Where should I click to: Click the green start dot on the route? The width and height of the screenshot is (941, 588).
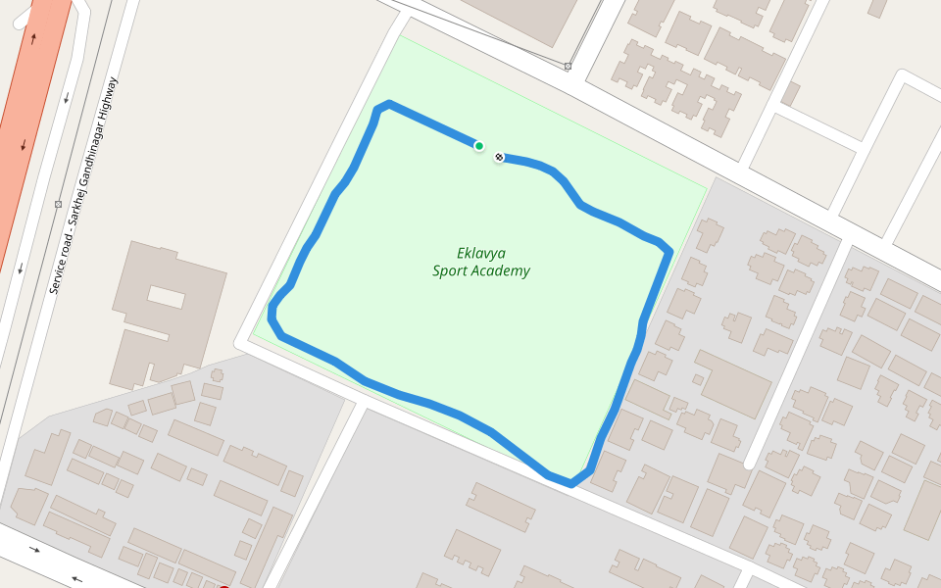point(479,146)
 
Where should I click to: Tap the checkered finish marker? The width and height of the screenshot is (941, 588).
point(500,157)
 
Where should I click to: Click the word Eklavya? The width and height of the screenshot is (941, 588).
point(481,253)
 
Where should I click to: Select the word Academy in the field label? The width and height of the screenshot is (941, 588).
point(501,271)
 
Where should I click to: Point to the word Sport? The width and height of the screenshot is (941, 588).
point(451,271)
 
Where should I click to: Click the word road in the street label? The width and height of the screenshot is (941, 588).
point(67,244)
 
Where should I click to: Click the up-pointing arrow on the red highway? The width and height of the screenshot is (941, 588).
point(33,39)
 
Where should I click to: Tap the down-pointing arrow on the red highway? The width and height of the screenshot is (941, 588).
point(23,146)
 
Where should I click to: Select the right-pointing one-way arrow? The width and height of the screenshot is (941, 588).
point(35,549)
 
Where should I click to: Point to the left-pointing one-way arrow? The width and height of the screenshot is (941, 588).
point(76,579)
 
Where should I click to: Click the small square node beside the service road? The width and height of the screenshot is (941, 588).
point(58,205)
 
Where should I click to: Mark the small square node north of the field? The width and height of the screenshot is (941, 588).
point(568,67)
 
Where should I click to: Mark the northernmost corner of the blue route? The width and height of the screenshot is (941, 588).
point(389,104)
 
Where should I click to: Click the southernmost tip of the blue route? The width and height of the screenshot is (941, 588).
point(570,482)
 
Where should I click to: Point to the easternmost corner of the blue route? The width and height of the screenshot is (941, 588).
point(669,252)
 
